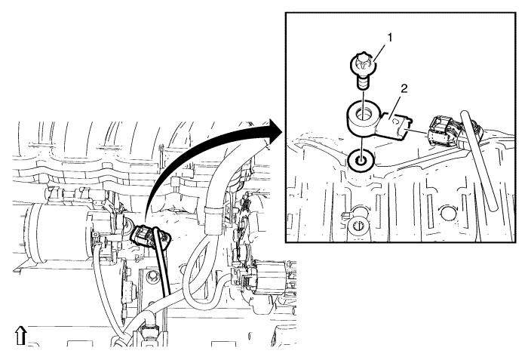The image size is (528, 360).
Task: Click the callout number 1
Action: pyautogui.click(x=390, y=38)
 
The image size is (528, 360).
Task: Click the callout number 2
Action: pyautogui.click(x=404, y=88)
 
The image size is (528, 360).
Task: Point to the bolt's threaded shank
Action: pyautogui.click(x=362, y=83)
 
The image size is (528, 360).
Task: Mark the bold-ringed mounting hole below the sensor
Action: pyautogui.click(x=361, y=161)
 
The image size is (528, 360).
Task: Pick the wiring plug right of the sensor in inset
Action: pyautogui.click(x=444, y=132)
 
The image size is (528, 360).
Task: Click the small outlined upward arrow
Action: pyautogui.click(x=21, y=335)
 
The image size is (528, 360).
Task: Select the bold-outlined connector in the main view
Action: pyautogui.click(x=151, y=238)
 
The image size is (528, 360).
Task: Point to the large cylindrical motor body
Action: pyautogui.click(x=57, y=233)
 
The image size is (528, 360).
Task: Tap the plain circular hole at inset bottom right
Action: pyautogui.click(x=450, y=214)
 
